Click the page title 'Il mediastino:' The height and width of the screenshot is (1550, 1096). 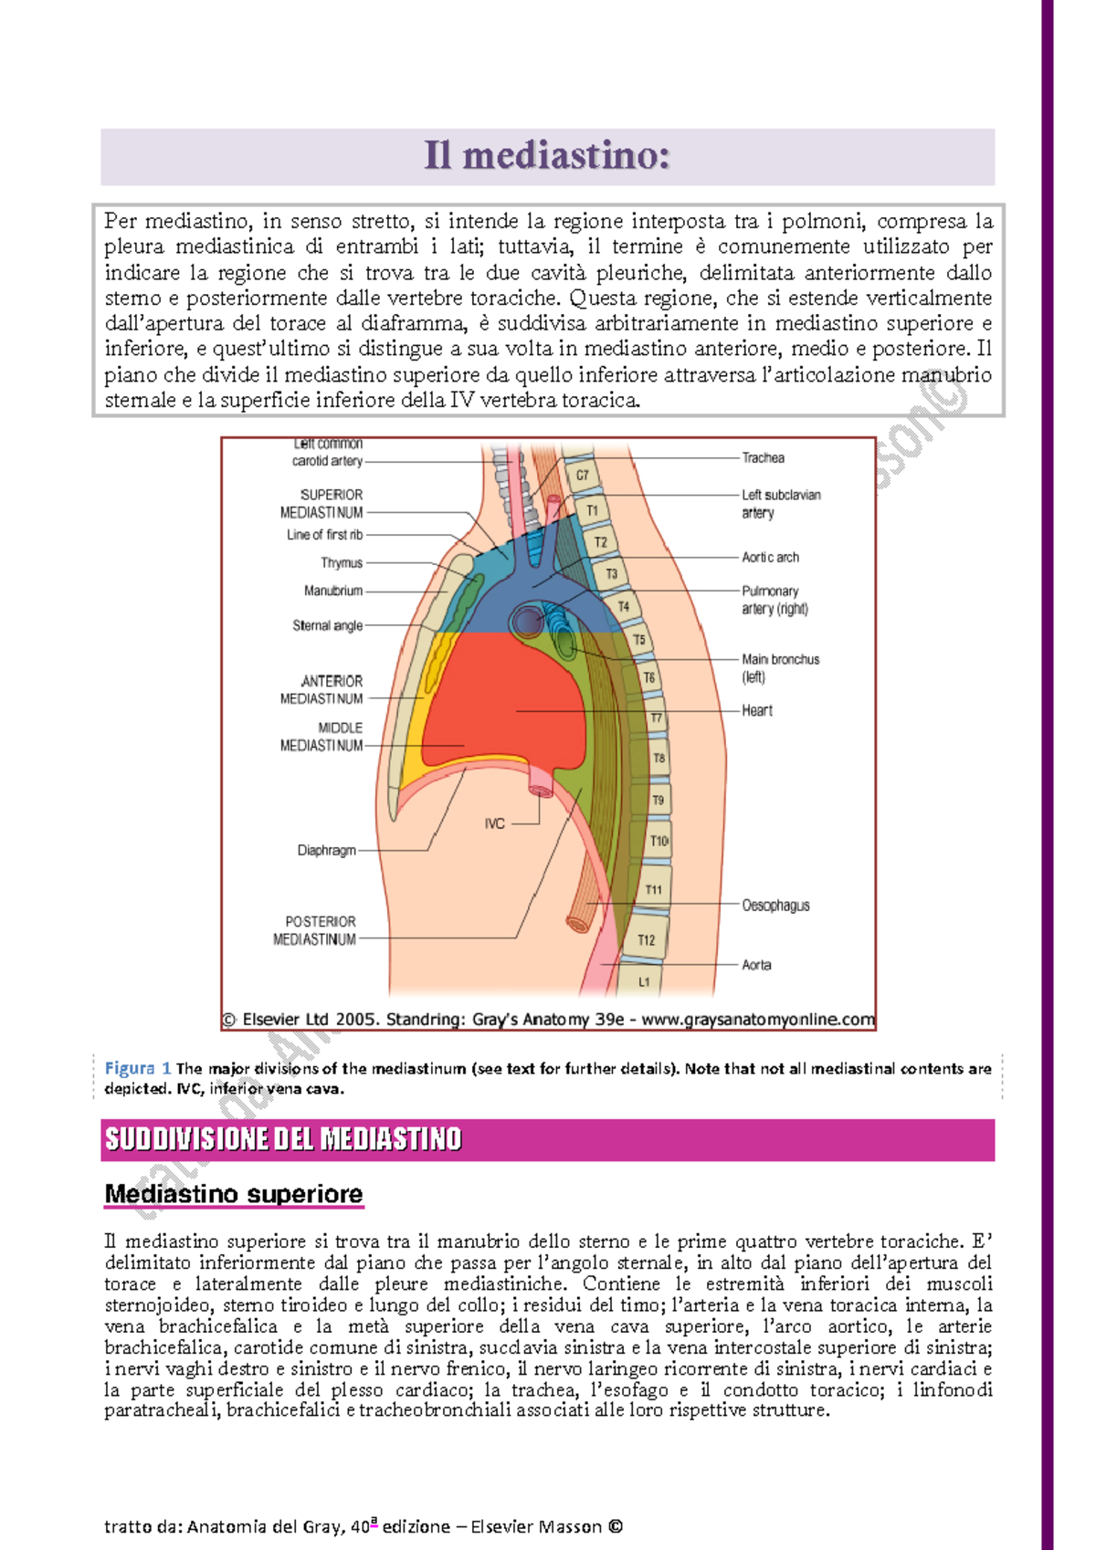click(x=546, y=156)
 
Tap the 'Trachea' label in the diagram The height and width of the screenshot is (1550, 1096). click(x=763, y=457)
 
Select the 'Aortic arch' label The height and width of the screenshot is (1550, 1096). click(x=770, y=557)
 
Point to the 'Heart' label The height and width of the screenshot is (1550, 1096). click(x=756, y=710)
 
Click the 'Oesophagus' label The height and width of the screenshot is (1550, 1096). click(x=775, y=906)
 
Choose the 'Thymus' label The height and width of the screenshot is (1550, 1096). click(x=342, y=563)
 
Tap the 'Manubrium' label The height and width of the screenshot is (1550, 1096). click(x=333, y=591)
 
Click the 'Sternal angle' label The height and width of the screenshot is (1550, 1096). click(x=327, y=625)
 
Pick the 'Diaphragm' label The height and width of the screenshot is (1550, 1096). click(x=326, y=850)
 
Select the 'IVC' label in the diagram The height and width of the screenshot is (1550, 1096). click(x=494, y=823)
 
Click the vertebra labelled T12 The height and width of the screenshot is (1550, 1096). click(x=646, y=940)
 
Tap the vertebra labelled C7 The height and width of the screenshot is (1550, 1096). click(x=582, y=475)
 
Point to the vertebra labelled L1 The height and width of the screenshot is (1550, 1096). click(x=644, y=982)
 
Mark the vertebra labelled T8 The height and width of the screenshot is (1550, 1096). click(x=659, y=758)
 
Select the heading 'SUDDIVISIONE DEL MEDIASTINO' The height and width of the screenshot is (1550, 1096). click(x=283, y=1139)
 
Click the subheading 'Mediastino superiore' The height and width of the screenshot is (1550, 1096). click(x=234, y=1194)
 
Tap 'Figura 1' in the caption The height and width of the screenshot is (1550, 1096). click(x=137, y=1068)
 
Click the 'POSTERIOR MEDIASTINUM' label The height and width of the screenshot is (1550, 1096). click(x=315, y=930)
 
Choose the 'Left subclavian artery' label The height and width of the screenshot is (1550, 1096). click(x=780, y=504)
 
